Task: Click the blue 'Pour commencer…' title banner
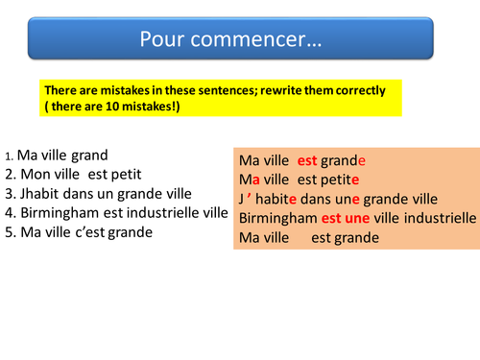click(x=230, y=41)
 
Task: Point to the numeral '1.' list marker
click(x=10, y=156)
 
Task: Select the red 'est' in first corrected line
click(x=307, y=159)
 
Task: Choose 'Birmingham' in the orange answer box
click(x=277, y=218)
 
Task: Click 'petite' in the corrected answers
click(x=341, y=179)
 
